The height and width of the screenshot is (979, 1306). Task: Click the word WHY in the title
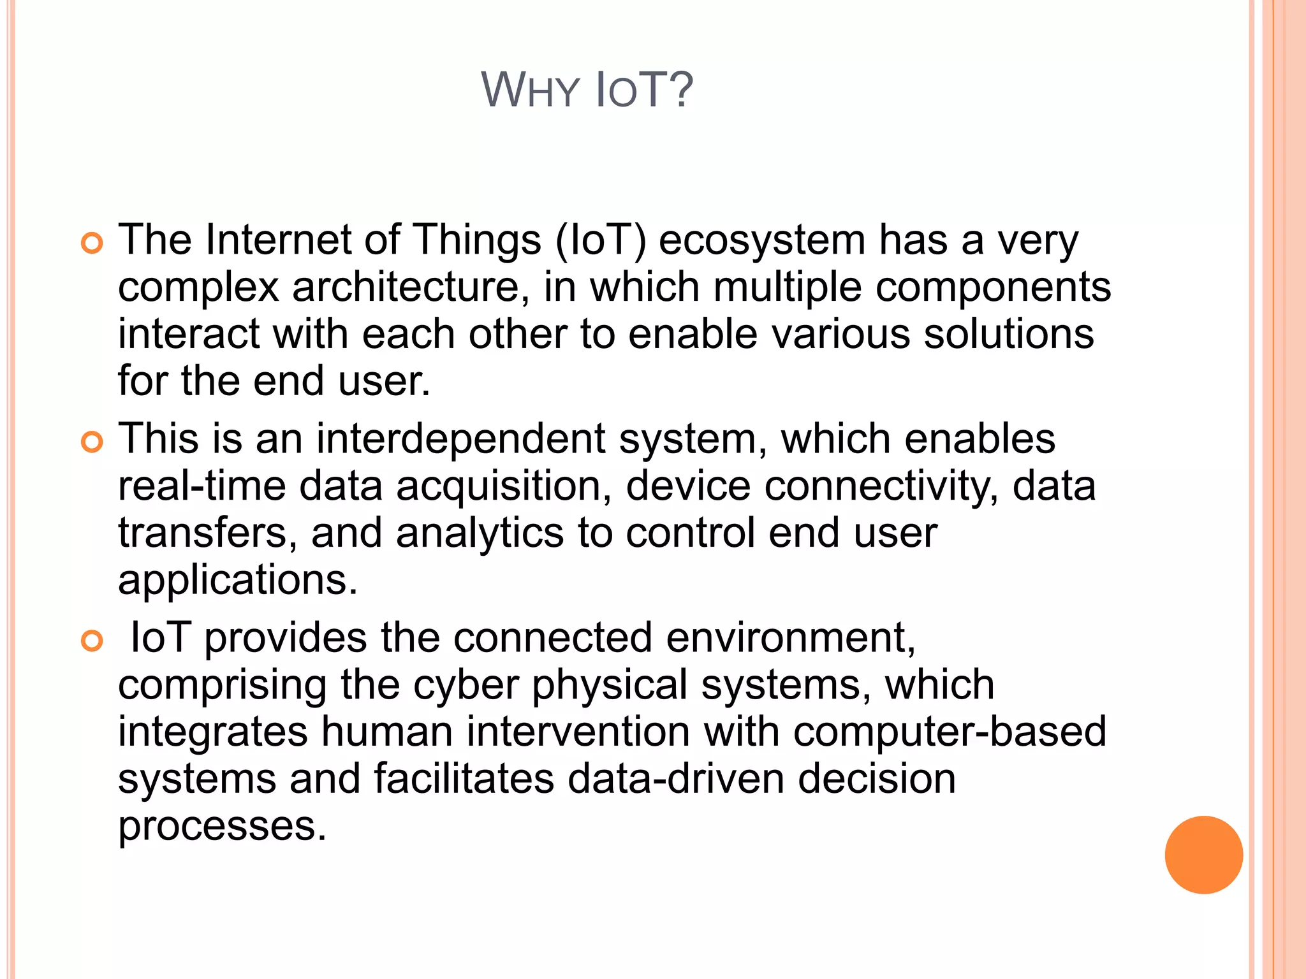pos(529,91)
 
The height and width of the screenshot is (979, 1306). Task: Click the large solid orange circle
pos(1203,855)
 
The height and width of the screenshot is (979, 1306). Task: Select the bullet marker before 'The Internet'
pos(92,243)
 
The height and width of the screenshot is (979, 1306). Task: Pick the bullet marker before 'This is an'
pos(92,442)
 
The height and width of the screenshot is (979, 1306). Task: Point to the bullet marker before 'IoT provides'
pos(92,641)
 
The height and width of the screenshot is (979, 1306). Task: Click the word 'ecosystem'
pos(761,241)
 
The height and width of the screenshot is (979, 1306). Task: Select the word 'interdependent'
pos(460,440)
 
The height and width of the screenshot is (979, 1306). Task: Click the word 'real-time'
pos(202,486)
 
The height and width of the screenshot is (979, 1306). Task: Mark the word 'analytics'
pos(480,533)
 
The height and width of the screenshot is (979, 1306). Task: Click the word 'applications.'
pos(238,581)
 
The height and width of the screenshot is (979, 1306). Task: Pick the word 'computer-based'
pos(950,732)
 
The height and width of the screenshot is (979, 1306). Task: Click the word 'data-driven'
pos(675,779)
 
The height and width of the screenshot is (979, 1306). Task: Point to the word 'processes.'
pos(222,826)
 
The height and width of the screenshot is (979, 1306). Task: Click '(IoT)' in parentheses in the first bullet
pos(600,241)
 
